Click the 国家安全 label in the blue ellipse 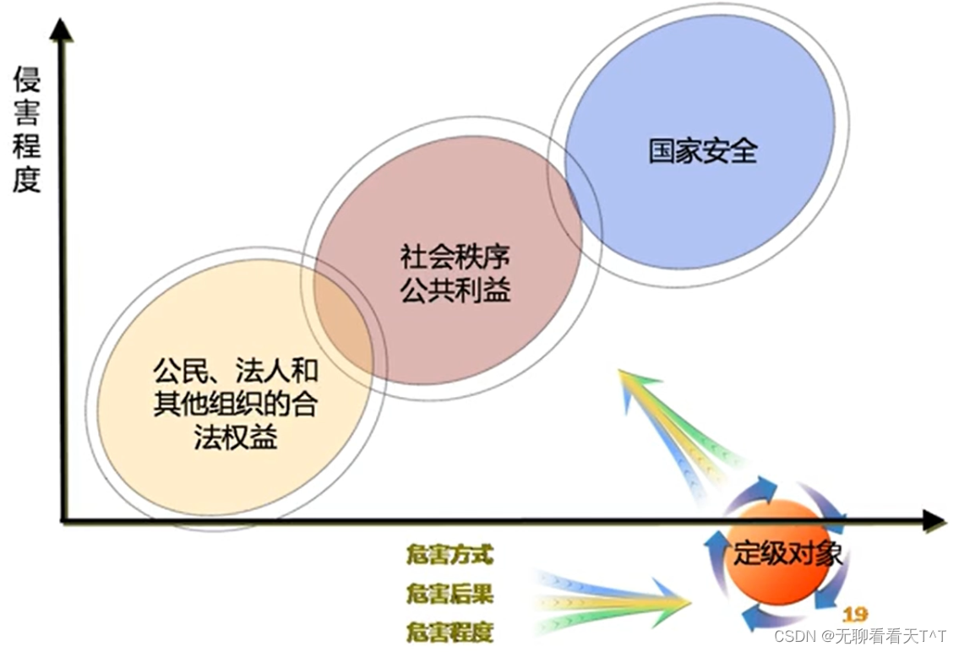tap(703, 151)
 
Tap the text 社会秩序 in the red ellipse tap(455, 257)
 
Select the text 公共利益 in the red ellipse tap(455, 290)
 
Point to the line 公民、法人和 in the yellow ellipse tap(236, 372)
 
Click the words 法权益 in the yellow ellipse tap(236, 437)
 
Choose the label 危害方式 tap(449, 555)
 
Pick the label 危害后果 tap(449, 594)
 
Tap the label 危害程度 tap(449, 631)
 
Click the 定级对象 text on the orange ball tap(787, 553)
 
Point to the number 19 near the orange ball tap(854, 614)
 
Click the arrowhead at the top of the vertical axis tap(61, 30)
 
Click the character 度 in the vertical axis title tap(26, 178)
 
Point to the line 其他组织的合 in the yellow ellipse tap(236, 405)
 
